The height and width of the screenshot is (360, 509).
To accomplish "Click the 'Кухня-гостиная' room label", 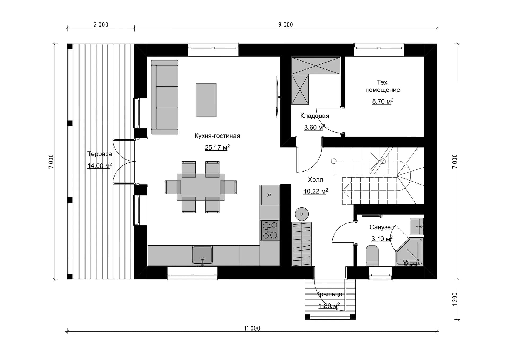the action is tap(217, 136).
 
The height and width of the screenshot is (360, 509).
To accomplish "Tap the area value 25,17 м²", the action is tap(217, 147).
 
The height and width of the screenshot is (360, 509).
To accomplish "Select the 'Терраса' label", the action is tap(100, 154).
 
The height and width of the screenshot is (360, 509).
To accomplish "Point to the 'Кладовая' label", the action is tap(315, 116).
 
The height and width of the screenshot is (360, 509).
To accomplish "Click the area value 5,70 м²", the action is tap(383, 101).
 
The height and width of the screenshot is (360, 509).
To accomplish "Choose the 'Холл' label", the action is tap(315, 180).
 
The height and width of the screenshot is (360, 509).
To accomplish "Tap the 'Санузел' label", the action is tap(382, 227).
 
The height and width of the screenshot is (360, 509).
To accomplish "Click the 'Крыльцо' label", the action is tap(329, 294).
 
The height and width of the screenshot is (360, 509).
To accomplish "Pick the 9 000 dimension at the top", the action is tap(286, 25).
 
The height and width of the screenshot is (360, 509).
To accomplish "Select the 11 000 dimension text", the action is tap(252, 328).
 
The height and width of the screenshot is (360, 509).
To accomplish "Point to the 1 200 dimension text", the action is tap(455, 299).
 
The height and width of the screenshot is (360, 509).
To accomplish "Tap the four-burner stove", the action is tap(270, 230).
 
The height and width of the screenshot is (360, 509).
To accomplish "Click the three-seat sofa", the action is tap(165, 97).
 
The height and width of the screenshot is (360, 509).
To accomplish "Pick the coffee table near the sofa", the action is tap(206, 100).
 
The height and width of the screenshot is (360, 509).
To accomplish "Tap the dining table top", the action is tap(201, 187).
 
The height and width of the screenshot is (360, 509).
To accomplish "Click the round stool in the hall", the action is tap(302, 214).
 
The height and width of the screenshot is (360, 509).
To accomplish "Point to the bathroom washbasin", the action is tap(417, 227).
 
